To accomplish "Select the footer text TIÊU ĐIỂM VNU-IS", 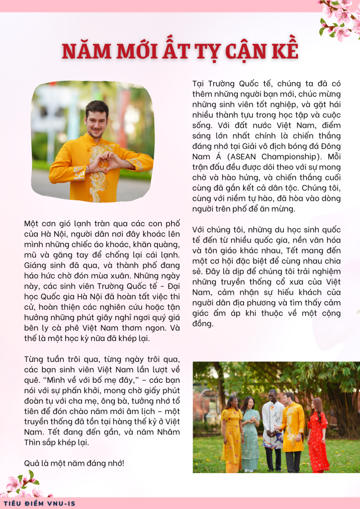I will click(x=39, y=503).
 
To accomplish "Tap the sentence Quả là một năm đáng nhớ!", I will click(x=74, y=463).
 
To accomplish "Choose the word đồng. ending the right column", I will click(x=203, y=324).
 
